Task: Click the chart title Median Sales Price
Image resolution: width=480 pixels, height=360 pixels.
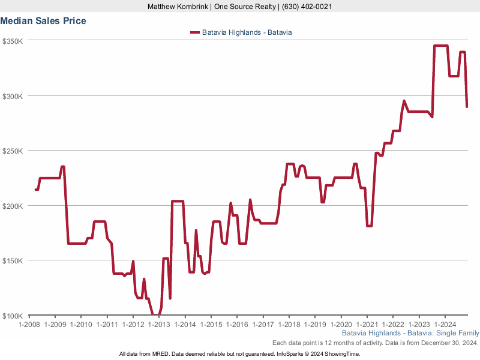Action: click(x=43, y=21)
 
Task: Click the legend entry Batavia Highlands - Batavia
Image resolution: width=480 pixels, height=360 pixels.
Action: click(x=247, y=32)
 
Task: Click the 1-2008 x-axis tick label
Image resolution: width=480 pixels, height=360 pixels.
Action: click(x=29, y=325)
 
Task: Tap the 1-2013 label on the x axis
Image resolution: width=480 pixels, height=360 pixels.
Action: click(x=159, y=325)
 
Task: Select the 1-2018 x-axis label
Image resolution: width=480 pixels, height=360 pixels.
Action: click(x=289, y=325)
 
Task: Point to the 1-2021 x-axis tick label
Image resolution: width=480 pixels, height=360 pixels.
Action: click(x=367, y=325)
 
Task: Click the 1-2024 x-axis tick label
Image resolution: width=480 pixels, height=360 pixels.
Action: click(x=445, y=325)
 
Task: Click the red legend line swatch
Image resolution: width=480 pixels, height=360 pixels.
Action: click(x=194, y=32)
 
